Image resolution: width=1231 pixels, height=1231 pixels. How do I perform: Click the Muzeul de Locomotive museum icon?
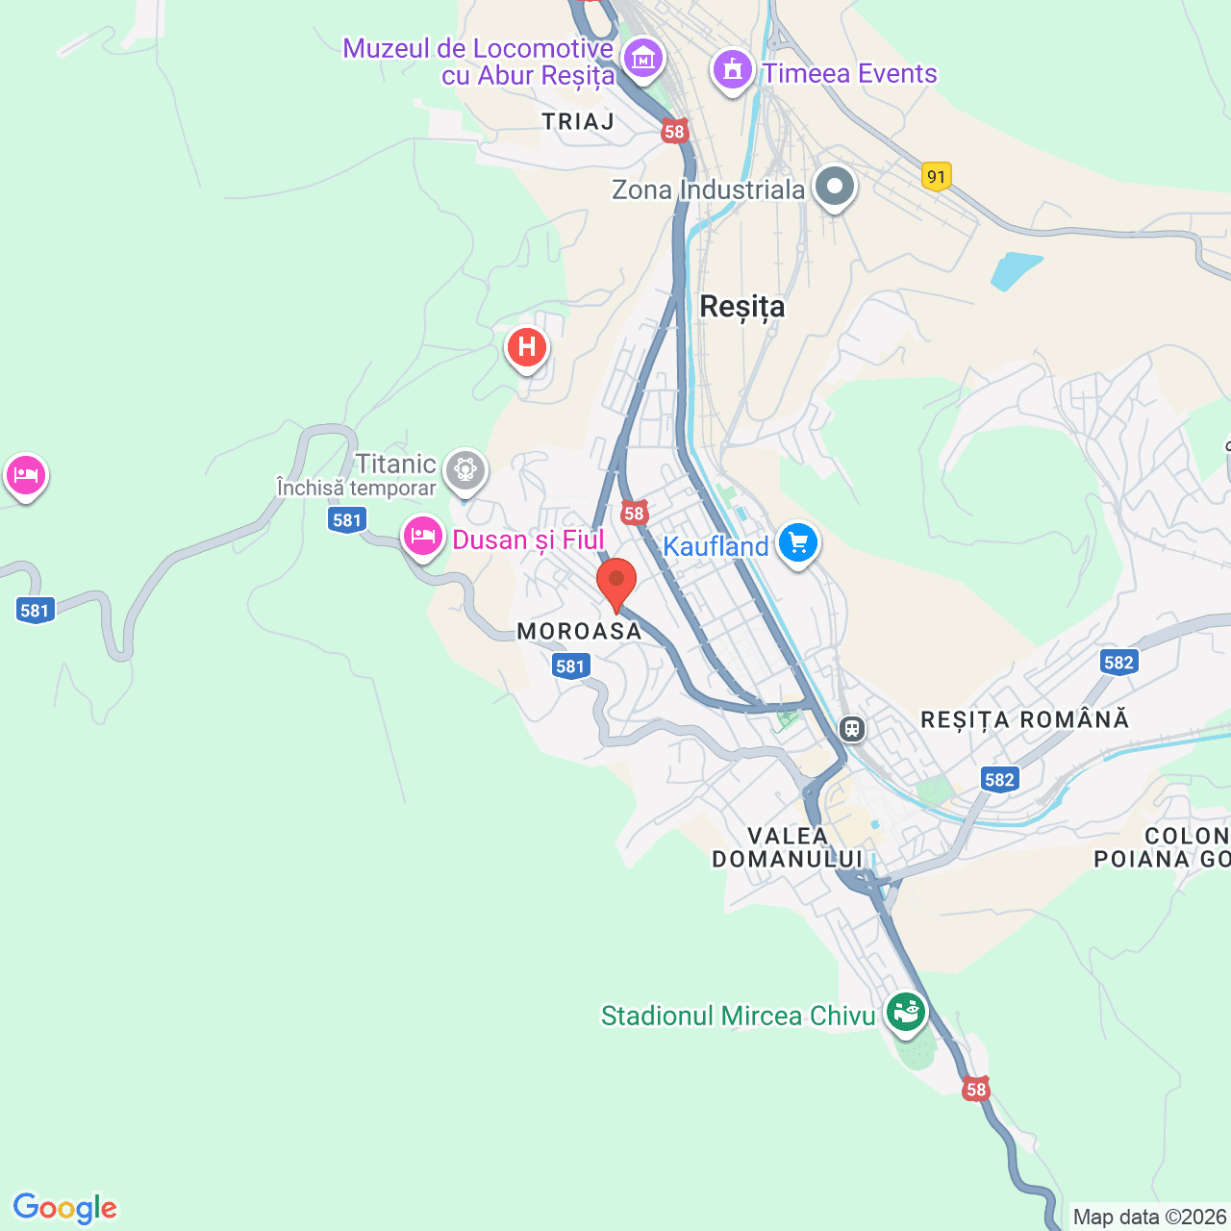(x=642, y=58)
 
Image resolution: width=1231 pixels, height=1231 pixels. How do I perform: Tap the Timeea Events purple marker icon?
(x=733, y=70)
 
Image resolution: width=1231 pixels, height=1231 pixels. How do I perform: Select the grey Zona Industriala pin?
(x=834, y=187)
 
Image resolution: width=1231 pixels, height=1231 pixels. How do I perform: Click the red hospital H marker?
(x=526, y=347)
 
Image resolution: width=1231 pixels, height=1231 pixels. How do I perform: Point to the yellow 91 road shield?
(x=936, y=176)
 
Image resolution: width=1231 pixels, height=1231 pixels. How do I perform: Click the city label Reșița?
(x=741, y=307)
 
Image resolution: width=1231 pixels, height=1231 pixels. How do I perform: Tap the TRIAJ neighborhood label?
(x=578, y=122)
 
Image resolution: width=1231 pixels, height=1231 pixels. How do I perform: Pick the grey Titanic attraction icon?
(x=466, y=469)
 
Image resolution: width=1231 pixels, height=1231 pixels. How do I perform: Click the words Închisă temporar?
(x=357, y=489)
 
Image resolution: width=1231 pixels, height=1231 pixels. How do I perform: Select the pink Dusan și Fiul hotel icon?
(x=422, y=535)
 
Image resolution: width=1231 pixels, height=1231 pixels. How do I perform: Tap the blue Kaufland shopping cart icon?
(x=797, y=543)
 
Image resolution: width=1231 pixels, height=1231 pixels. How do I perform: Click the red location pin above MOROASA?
(x=616, y=583)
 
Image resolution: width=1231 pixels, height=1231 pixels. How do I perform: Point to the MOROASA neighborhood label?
(x=579, y=631)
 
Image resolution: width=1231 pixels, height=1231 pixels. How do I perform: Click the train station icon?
(x=852, y=729)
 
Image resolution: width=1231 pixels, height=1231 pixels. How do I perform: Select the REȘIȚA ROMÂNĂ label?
(x=1024, y=719)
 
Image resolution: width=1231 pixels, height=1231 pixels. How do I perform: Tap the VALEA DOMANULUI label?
(x=788, y=847)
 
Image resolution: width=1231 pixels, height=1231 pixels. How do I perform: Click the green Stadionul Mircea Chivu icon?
(x=905, y=1012)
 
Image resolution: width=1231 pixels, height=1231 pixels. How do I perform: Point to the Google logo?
(x=65, y=1208)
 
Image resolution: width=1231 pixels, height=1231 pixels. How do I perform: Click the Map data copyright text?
(x=1149, y=1217)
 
